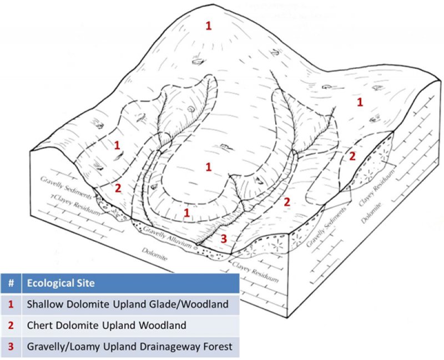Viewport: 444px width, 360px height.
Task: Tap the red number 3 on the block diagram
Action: click(224, 239)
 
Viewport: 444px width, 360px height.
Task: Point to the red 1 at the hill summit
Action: click(209, 26)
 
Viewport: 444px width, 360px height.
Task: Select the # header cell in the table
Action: click(11, 283)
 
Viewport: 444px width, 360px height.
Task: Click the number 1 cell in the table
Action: click(11, 305)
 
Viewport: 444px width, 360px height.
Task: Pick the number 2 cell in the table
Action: click(11, 326)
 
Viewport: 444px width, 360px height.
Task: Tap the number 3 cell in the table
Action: click(11, 347)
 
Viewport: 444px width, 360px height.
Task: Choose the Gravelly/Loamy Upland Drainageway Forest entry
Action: click(129, 347)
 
